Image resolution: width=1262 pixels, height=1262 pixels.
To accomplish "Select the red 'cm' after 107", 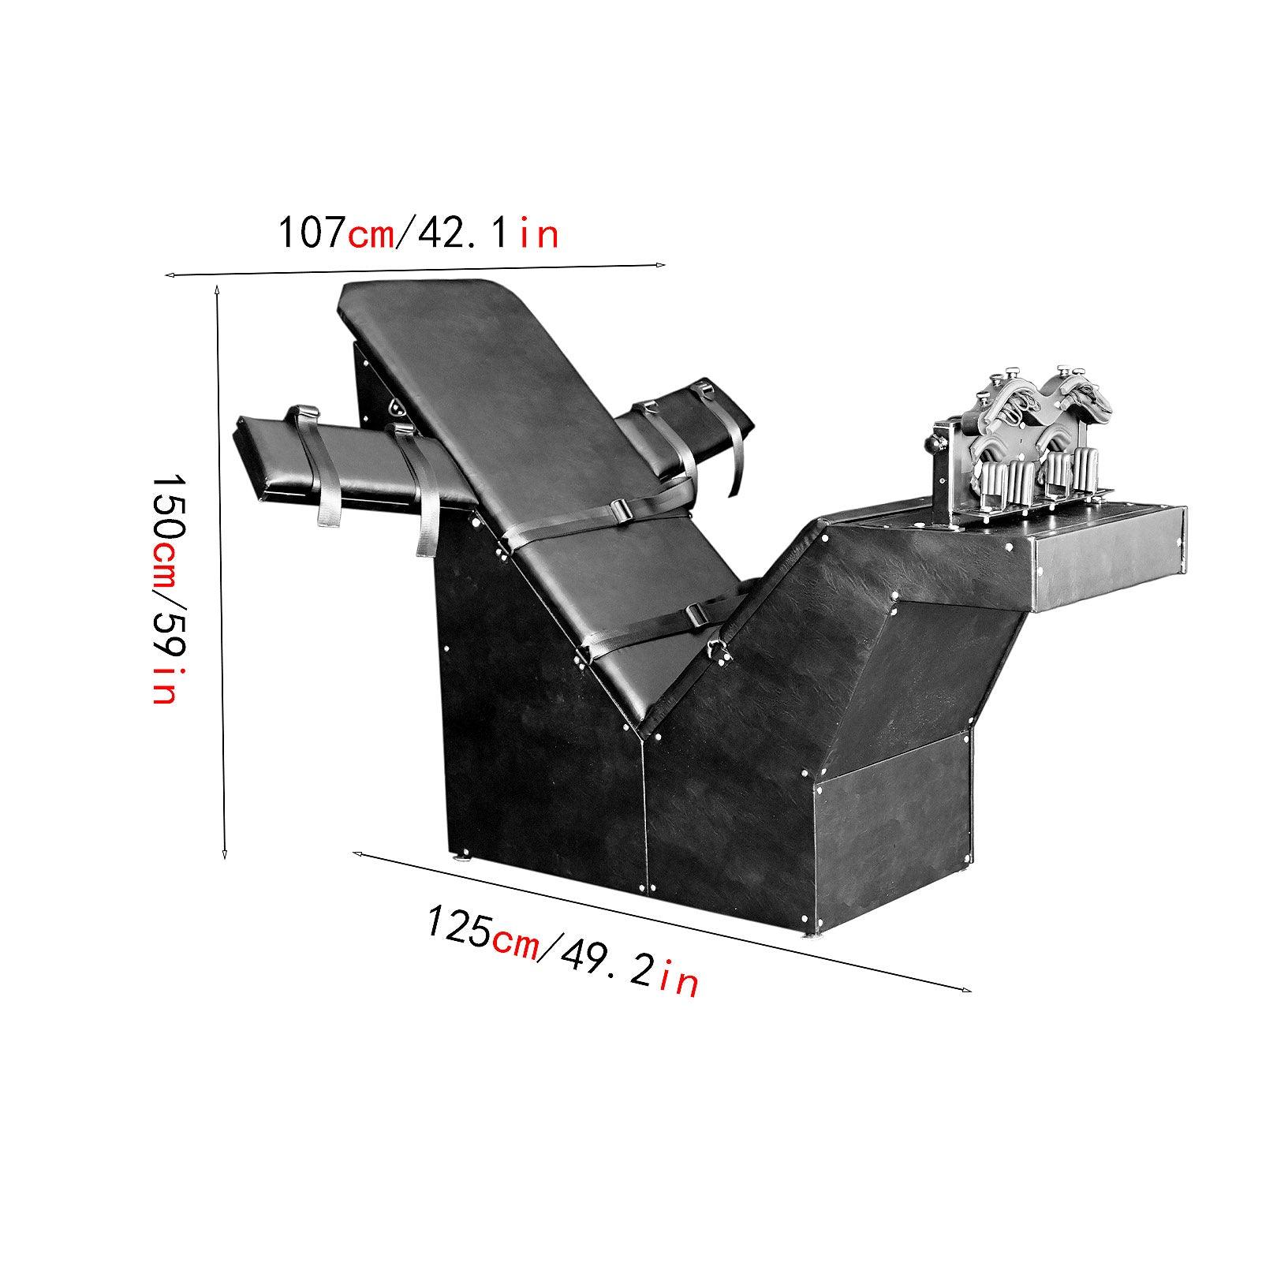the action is [370, 237].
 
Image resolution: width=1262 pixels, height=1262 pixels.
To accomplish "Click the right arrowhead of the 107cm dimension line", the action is [660, 265].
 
